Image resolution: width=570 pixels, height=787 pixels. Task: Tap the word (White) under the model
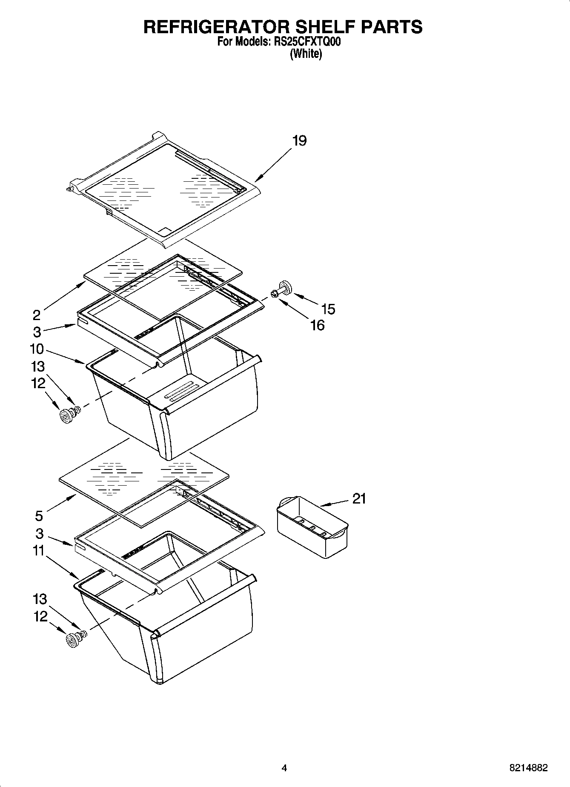pyautogui.click(x=306, y=54)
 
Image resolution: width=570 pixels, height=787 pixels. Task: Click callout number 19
pyautogui.click(x=299, y=141)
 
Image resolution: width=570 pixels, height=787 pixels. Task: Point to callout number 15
pyautogui.click(x=329, y=309)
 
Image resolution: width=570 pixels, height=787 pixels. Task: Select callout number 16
pyautogui.click(x=318, y=325)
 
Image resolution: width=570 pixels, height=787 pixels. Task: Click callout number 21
pyautogui.click(x=359, y=498)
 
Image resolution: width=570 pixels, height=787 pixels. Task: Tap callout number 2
pyautogui.click(x=37, y=315)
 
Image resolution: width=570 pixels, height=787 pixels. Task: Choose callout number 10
pyautogui.click(x=37, y=349)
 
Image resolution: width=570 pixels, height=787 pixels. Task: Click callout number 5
pyautogui.click(x=39, y=516)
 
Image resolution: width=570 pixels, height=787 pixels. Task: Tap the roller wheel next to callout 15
pyautogui.click(x=284, y=287)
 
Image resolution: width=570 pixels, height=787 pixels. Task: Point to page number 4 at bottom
pyautogui.click(x=284, y=768)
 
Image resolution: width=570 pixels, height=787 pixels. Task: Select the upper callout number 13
pyautogui.click(x=38, y=366)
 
